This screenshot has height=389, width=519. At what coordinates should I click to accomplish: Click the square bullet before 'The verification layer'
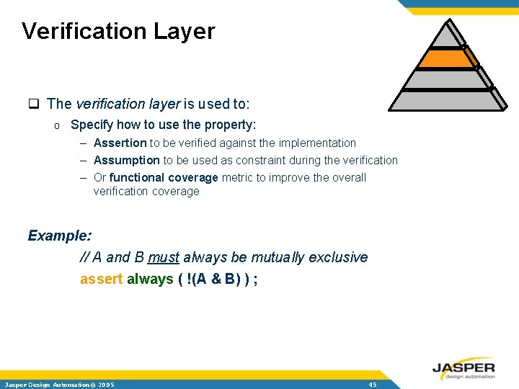[33, 104]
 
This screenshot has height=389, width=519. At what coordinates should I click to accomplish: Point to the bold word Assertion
[120, 143]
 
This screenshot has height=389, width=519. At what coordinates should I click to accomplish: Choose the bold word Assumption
[126, 160]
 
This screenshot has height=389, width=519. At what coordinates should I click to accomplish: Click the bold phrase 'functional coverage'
[164, 177]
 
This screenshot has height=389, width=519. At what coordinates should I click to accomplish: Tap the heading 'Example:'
[60, 236]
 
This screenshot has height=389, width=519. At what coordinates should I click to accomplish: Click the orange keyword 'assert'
[101, 279]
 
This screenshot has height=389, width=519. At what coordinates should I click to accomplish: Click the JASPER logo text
[463, 367]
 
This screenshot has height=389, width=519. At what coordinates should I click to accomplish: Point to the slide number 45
[372, 384]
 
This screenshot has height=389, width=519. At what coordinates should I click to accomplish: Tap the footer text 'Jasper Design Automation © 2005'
[58, 384]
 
